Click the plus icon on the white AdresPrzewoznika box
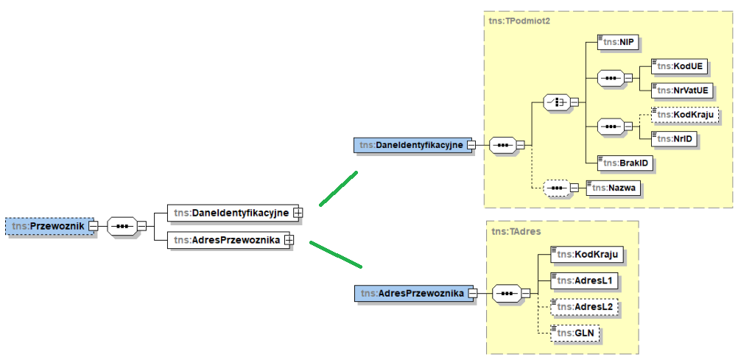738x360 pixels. click(289, 239)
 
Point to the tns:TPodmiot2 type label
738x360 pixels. click(519, 21)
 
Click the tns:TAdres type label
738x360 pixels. click(516, 231)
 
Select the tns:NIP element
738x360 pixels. click(616, 42)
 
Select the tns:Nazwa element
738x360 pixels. click(613, 188)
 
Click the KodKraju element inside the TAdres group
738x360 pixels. click(586, 254)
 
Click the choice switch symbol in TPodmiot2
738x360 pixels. click(557, 102)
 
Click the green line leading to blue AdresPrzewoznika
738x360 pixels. click(335, 253)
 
